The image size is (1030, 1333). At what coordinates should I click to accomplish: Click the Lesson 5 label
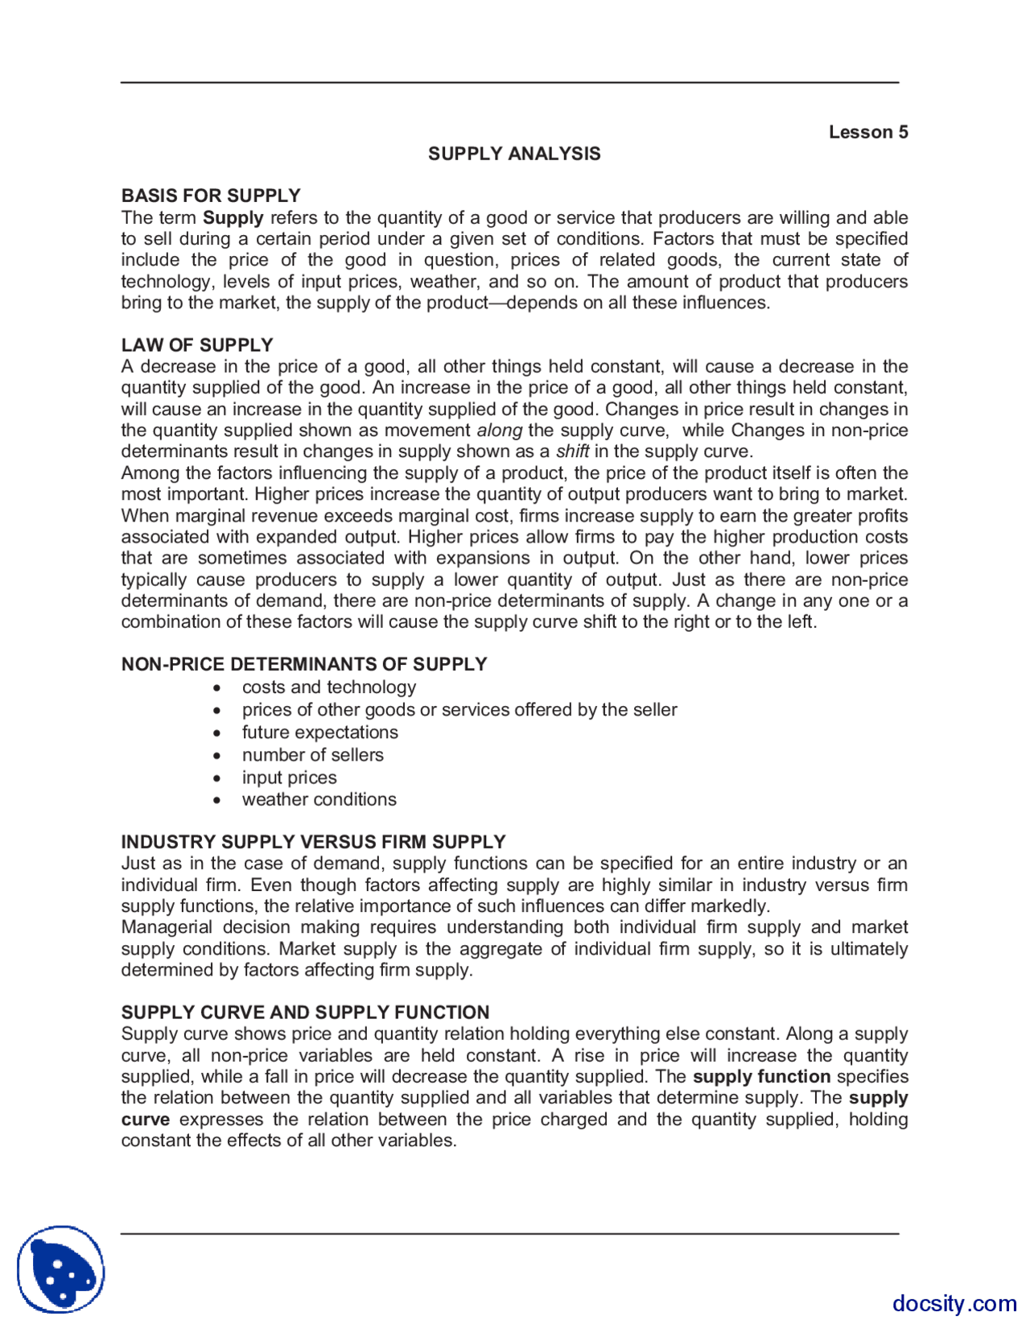(867, 132)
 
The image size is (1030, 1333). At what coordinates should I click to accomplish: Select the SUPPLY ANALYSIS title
(514, 154)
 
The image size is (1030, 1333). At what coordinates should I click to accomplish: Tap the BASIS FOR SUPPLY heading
(211, 196)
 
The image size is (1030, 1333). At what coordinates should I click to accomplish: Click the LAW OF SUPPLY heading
(197, 345)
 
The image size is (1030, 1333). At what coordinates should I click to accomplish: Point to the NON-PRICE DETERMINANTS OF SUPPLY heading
(304, 664)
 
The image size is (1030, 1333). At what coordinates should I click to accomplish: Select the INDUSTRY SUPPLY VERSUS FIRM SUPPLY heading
(313, 842)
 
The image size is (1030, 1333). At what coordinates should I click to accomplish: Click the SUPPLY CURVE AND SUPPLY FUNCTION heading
(305, 1013)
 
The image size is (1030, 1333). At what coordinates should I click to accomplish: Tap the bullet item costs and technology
(329, 687)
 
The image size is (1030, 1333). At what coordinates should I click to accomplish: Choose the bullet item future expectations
(319, 733)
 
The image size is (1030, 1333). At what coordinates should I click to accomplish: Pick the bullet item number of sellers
(312, 755)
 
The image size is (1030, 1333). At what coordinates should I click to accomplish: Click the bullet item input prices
(289, 778)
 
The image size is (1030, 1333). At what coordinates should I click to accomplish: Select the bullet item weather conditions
(319, 799)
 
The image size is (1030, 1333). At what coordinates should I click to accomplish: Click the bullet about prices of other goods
(459, 710)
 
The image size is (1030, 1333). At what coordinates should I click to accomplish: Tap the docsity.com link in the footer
(954, 1303)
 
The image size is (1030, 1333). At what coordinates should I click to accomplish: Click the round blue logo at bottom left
(61, 1269)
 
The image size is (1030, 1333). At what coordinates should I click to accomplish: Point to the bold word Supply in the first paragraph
(233, 218)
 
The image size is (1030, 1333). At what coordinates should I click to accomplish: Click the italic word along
(500, 431)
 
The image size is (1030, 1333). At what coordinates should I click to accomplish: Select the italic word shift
(572, 452)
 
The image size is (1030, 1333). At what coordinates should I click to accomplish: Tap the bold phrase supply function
(761, 1077)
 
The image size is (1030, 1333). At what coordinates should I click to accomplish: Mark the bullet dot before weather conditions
(217, 800)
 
